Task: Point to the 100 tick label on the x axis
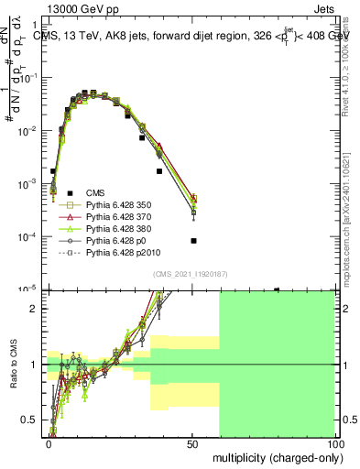coord(335,442)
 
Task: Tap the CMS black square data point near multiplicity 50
coord(193,241)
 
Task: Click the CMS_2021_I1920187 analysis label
coord(190,274)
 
